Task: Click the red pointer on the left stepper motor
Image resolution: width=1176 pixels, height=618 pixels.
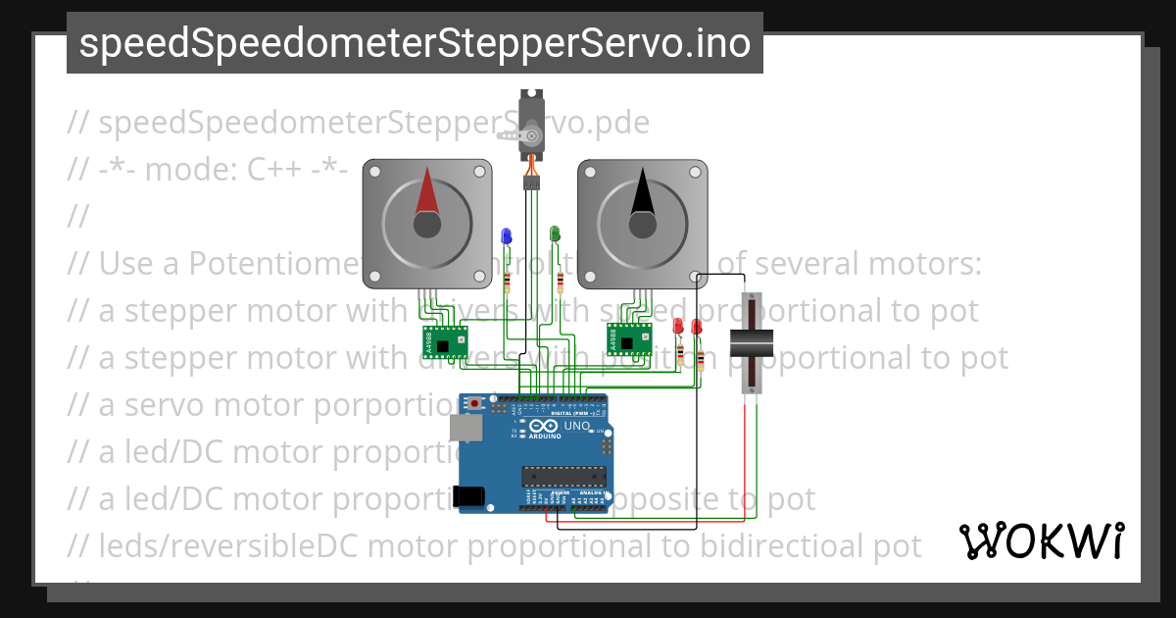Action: [427, 191]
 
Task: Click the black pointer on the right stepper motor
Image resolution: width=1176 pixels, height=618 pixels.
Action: [642, 191]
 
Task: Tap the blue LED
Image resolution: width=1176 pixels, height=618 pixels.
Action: [507, 235]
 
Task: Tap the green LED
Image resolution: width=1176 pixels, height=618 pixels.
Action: [555, 233]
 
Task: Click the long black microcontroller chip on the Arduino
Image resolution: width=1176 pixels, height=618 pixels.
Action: [560, 476]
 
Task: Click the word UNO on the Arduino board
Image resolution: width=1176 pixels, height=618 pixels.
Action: [576, 426]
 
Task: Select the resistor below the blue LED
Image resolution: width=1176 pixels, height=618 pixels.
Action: [507, 283]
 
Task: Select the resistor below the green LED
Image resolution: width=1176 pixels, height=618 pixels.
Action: [559, 283]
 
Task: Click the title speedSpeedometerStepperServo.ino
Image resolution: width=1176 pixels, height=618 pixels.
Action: [415, 43]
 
